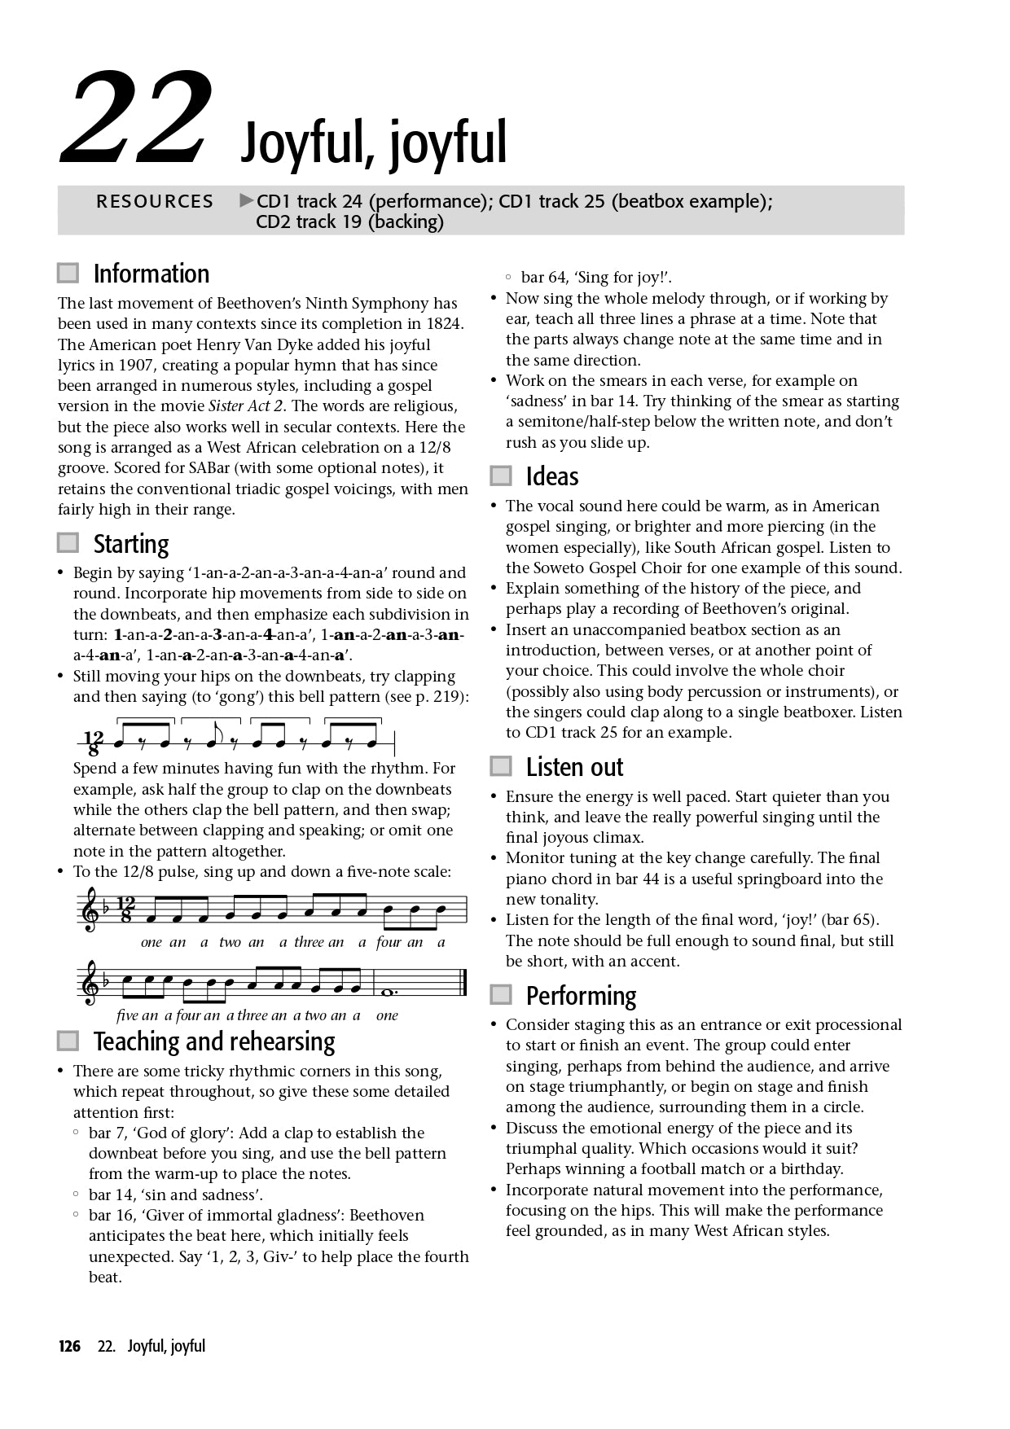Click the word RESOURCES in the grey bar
pyautogui.click(x=155, y=201)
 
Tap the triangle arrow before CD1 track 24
pyautogui.click(x=247, y=200)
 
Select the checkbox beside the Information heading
pyautogui.click(x=68, y=273)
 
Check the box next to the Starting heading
pyautogui.click(x=68, y=543)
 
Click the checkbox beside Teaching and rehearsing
pyautogui.click(x=68, y=1041)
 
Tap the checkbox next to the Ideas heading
pyautogui.click(x=501, y=476)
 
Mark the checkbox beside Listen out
pyautogui.click(x=501, y=766)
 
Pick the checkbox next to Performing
pyautogui.click(x=501, y=995)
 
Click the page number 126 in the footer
pyautogui.click(x=70, y=1346)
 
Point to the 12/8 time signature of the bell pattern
pyautogui.click(x=94, y=743)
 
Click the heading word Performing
pyautogui.click(x=581, y=996)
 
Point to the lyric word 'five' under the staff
pyautogui.click(x=128, y=1015)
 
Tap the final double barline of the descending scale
pyautogui.click(x=463, y=983)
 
